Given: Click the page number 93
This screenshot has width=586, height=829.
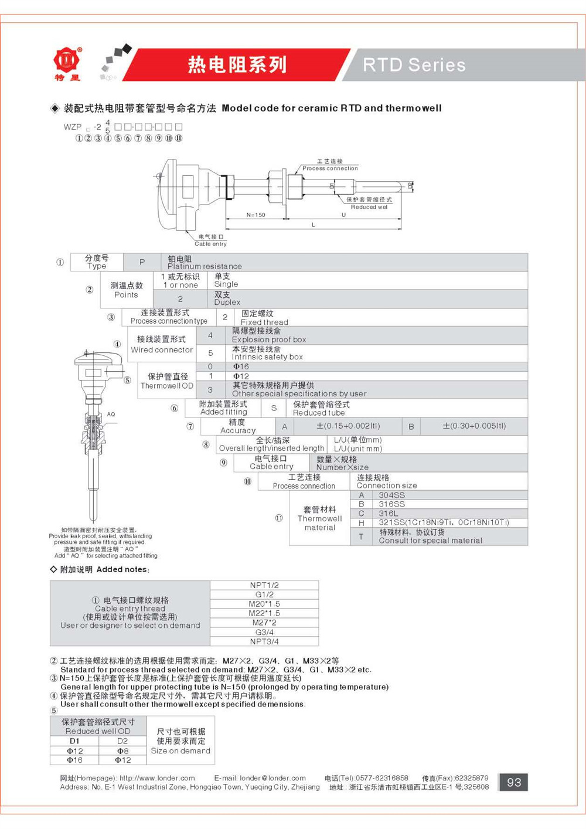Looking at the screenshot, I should (x=513, y=782).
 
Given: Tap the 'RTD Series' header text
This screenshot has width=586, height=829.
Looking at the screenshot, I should (x=414, y=65).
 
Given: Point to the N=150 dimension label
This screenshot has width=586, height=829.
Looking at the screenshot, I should (x=255, y=215).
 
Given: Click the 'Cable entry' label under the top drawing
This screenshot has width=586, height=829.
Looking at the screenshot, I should (x=210, y=243).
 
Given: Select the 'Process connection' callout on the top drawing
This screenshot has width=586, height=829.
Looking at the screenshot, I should (x=330, y=168).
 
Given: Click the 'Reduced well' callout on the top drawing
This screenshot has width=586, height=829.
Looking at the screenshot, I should (x=369, y=207).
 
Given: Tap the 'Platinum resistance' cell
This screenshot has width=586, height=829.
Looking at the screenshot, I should (x=204, y=266).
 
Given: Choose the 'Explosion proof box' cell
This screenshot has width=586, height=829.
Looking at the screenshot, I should (x=268, y=339).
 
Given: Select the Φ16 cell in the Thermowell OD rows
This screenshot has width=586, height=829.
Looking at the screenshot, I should (x=241, y=366).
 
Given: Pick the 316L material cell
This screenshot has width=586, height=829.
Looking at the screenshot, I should (x=388, y=513).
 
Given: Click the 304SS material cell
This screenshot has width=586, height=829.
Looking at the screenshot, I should (x=391, y=495).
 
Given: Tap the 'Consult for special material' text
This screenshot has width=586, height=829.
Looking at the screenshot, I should (x=430, y=541).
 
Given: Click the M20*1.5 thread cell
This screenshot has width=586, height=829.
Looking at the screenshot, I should (x=264, y=604).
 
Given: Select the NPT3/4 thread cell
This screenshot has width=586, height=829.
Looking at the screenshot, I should (x=264, y=641).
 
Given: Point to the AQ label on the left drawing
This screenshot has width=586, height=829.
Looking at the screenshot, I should (x=111, y=414).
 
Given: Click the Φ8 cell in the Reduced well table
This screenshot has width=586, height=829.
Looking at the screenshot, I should (x=122, y=750).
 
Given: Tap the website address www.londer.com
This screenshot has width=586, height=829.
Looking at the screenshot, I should (x=157, y=778).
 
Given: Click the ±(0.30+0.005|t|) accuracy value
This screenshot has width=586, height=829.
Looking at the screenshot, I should (x=474, y=426).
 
